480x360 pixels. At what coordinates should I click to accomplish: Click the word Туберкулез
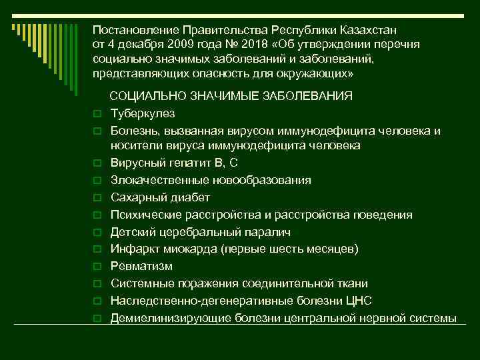[141, 113]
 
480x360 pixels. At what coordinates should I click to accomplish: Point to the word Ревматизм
[141, 267]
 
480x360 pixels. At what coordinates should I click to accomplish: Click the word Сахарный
[137, 198]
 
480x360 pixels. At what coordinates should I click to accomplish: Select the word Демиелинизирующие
[165, 318]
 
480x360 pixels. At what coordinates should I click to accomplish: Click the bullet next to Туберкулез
[97, 114]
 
